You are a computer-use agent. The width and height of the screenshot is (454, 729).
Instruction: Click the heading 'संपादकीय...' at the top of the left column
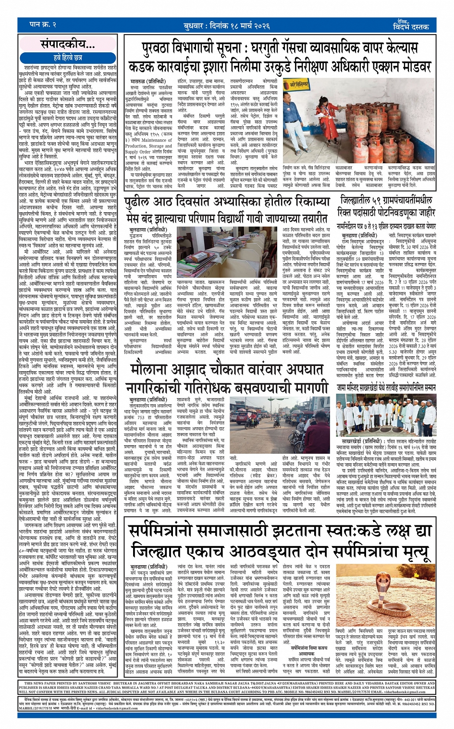pos(67,45)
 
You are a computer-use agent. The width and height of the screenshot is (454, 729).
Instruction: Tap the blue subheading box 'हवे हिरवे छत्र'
pos(67,58)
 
